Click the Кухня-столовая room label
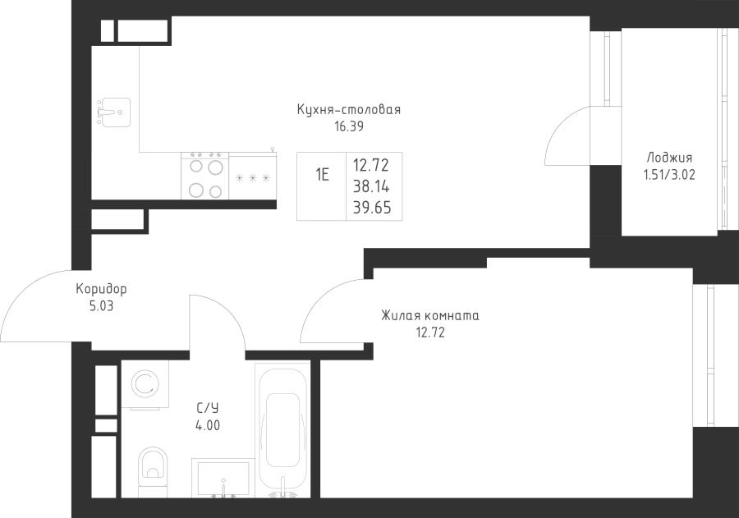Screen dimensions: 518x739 point(349,110)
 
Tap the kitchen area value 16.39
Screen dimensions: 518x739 point(349,126)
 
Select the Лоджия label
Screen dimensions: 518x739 point(669,158)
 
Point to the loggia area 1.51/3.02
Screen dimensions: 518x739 point(669,174)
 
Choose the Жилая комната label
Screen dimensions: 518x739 point(429,316)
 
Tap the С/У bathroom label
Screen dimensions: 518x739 point(207,408)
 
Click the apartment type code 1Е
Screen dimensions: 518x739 point(323,174)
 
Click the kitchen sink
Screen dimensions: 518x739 point(113,111)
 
